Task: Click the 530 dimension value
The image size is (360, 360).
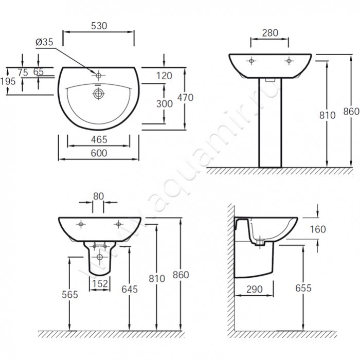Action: coord(99,26)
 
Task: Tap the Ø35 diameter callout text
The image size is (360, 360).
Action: coord(44,42)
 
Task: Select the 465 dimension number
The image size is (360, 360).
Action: coord(99,139)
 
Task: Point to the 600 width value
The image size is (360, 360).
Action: coord(99,153)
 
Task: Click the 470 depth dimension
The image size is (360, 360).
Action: coord(185,98)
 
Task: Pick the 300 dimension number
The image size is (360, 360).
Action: coord(165,104)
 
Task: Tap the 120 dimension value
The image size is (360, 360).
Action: coord(164,76)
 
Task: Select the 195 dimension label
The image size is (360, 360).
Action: coord(8,81)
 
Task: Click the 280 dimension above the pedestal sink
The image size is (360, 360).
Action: coord(270,33)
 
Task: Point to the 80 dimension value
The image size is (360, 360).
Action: coord(99,196)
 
